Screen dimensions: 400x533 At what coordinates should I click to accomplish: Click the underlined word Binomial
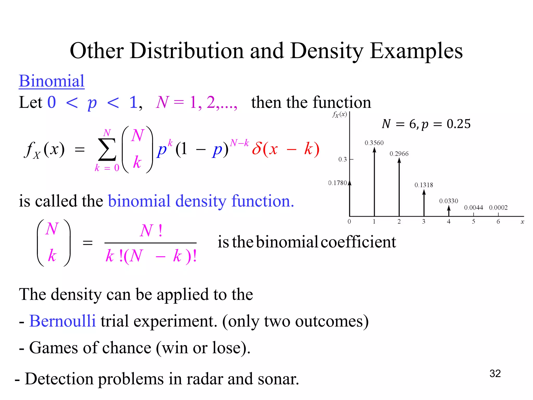pyautogui.click(x=52, y=81)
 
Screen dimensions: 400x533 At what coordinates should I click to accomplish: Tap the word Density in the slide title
pyautogui.click(x=326, y=51)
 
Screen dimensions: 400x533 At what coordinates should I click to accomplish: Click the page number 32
pyautogui.click(x=495, y=373)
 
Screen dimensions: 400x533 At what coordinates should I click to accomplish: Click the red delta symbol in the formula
pyautogui.click(x=257, y=149)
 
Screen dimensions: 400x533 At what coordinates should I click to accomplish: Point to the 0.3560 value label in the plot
pyautogui.click(x=374, y=143)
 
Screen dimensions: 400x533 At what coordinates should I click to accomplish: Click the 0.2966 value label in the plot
pyautogui.click(x=399, y=154)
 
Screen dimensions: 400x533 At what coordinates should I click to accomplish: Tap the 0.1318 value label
pyautogui.click(x=424, y=185)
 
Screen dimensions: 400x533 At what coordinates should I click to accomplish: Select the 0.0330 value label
pyautogui.click(x=448, y=201)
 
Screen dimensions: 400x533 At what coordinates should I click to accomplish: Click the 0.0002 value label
pyautogui.click(x=498, y=208)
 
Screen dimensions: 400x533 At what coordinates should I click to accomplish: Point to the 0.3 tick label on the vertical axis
pyautogui.click(x=342, y=159)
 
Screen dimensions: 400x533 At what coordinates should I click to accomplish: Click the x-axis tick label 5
pyautogui.click(x=473, y=222)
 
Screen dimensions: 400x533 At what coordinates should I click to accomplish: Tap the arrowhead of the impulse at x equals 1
pyautogui.click(x=374, y=150)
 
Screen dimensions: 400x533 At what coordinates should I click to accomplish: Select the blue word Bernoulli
pyautogui.click(x=62, y=321)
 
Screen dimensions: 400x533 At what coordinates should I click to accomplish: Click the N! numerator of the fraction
pyautogui.click(x=151, y=230)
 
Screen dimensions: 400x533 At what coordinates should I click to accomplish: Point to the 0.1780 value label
pyautogui.click(x=337, y=183)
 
